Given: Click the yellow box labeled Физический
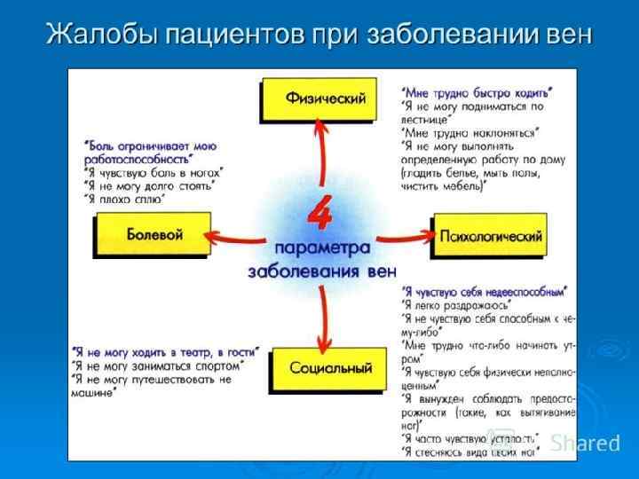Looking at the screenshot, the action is pyautogui.click(x=326, y=99).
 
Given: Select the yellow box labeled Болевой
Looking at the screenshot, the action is pyautogui.click(x=154, y=236).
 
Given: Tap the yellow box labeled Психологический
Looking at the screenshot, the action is pyautogui.click(x=488, y=236).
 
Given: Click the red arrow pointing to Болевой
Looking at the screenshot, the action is pyautogui.click(x=235, y=237).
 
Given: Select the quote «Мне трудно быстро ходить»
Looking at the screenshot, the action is pyautogui.click(x=477, y=91).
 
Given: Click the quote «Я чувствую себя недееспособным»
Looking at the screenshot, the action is pyautogui.click(x=485, y=290).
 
